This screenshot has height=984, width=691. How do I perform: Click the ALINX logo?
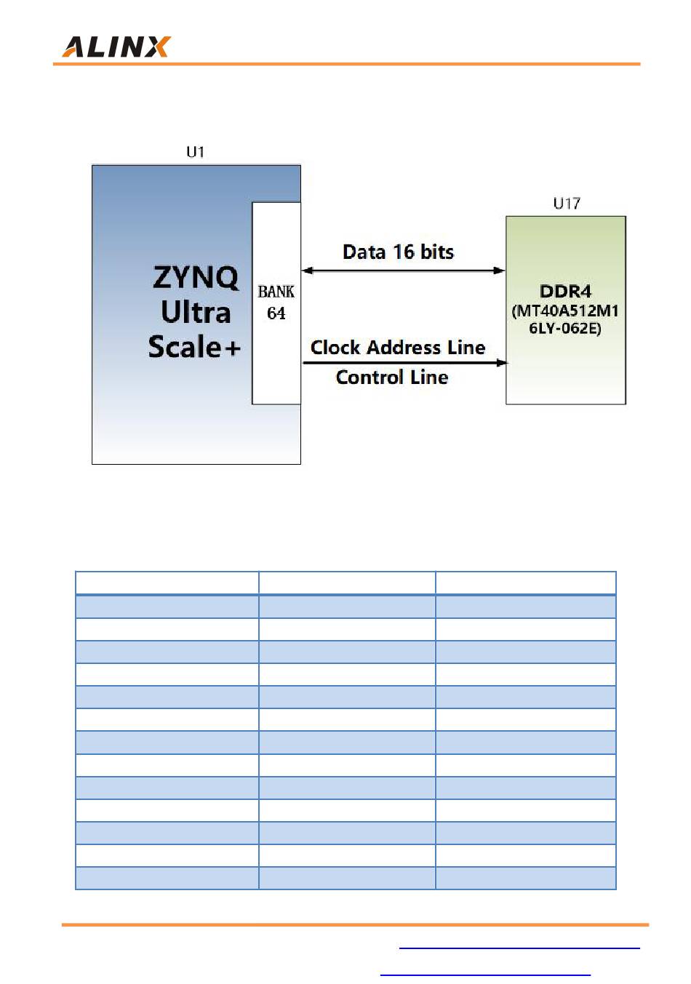116,47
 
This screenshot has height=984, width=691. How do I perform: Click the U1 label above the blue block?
196,151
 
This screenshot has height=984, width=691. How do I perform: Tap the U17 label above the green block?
567,203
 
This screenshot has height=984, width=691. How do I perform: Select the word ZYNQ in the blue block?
196,277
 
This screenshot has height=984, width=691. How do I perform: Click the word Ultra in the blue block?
196,312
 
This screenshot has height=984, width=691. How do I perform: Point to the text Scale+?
194,347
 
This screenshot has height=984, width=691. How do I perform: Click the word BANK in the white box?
276,292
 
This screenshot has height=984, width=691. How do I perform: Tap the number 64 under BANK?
276,313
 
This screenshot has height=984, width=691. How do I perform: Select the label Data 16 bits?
398,252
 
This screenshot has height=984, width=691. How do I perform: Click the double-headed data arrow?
403,271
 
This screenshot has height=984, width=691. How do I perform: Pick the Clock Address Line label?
398,347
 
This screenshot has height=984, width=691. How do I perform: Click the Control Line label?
392,377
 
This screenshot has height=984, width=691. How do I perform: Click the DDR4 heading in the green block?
565,292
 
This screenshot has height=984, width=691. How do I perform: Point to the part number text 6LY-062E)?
565,328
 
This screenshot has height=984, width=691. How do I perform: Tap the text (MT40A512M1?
565,311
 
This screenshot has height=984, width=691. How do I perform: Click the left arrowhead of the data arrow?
308,271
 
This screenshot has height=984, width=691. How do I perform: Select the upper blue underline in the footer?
519,948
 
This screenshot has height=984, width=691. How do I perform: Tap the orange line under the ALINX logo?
346,64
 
